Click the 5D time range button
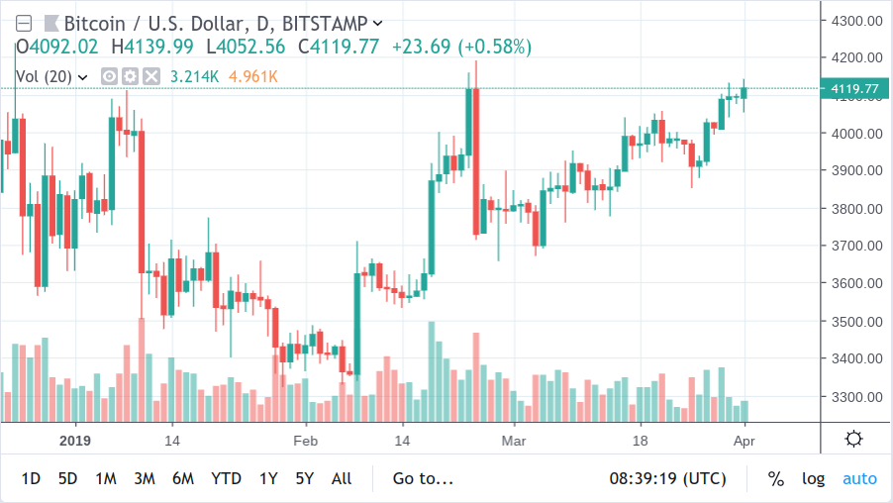click(67, 478)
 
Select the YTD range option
click(226, 478)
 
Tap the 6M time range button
click(182, 478)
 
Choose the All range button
click(342, 478)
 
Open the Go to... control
click(423, 478)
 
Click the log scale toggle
click(813, 478)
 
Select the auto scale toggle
click(859, 478)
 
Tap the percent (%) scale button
click(776, 478)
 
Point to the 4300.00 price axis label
click(856, 20)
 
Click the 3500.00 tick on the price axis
click(856, 321)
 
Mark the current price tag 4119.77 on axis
click(855, 89)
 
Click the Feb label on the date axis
click(304, 440)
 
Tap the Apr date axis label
click(744, 440)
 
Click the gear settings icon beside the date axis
click(853, 439)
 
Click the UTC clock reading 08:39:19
click(667, 478)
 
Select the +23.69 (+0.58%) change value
click(461, 47)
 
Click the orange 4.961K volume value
click(252, 75)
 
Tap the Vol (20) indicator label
click(45, 75)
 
